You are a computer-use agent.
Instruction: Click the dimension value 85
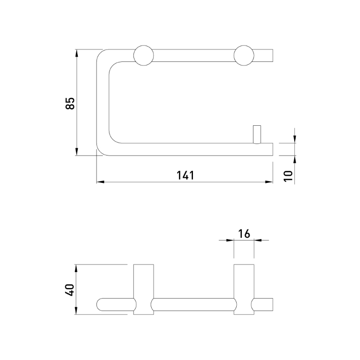click(70, 103)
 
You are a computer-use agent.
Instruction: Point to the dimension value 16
click(244, 234)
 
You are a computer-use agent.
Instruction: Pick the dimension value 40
click(70, 290)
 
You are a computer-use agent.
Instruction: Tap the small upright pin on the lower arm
click(257, 134)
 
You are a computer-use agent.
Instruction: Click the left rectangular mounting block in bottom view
click(143, 289)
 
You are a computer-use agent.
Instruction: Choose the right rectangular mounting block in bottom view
click(244, 289)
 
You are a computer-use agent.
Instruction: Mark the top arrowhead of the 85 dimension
click(77, 52)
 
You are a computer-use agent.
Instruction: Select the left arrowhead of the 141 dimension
click(100, 182)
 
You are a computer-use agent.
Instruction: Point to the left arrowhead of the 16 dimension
click(231, 240)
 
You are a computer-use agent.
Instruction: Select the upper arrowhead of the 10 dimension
click(295, 140)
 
